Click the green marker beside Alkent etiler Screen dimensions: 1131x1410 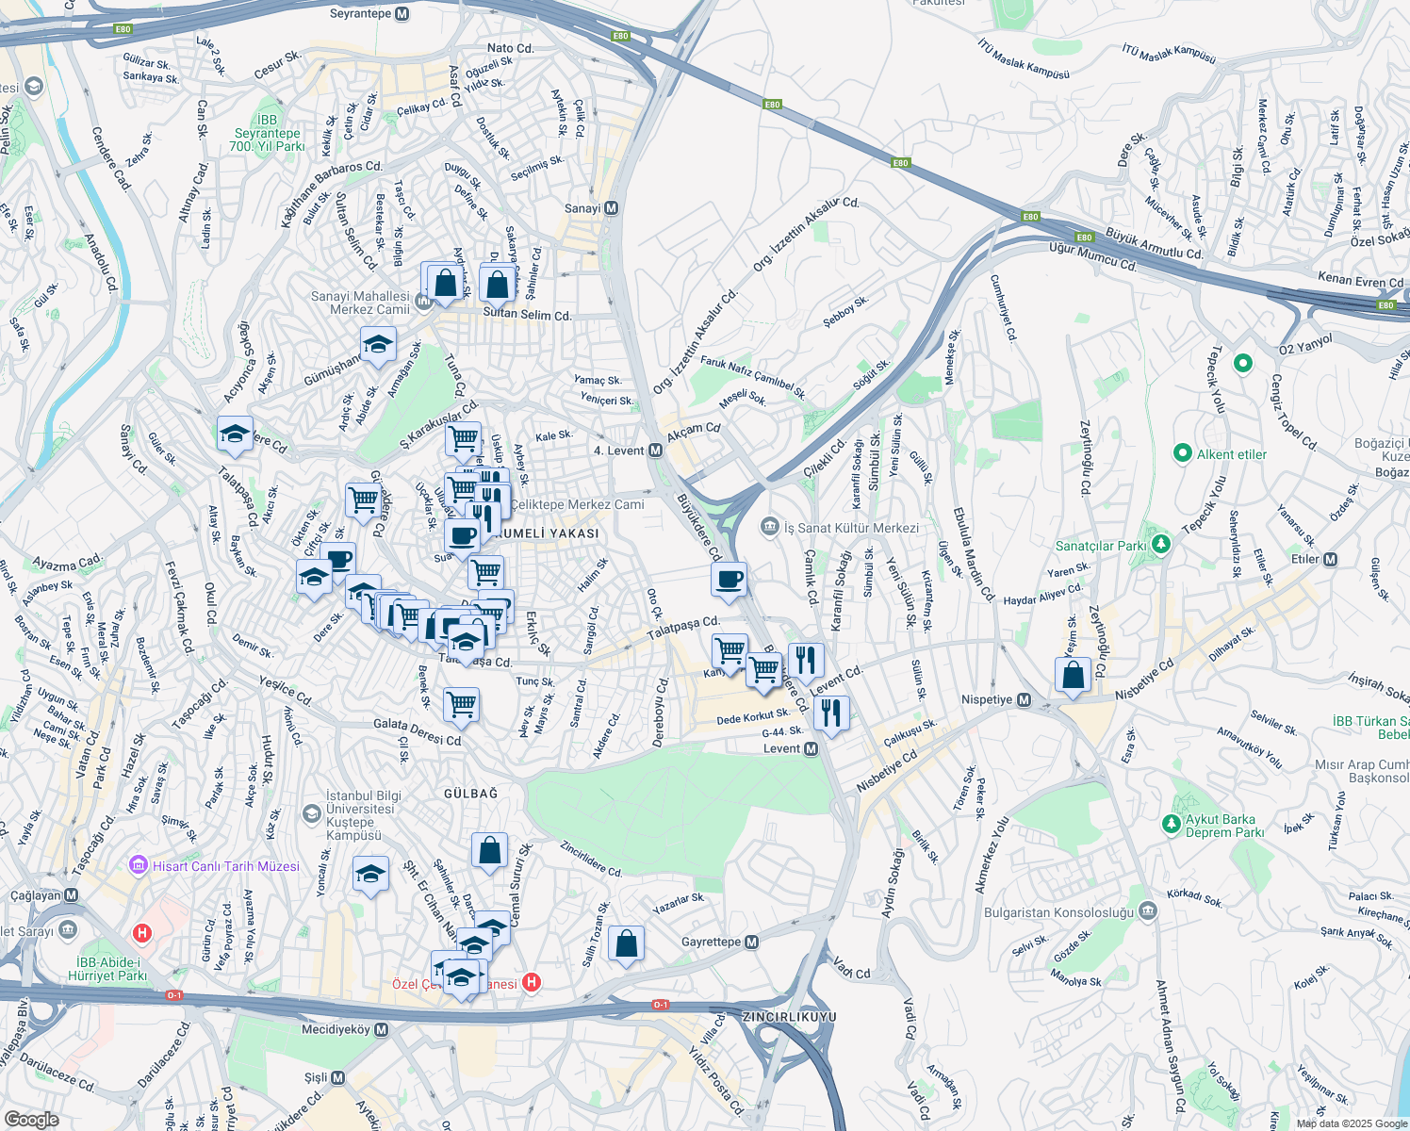1183,454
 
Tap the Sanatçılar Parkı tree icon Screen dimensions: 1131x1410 1161,544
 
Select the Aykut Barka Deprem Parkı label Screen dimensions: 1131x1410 1223,826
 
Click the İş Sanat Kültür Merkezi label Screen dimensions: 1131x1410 851,528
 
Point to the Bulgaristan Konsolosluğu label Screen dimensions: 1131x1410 1059,912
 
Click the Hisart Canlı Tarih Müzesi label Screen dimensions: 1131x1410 226,866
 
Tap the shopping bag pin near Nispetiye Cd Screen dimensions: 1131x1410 1073,676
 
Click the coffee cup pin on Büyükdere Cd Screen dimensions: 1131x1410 729,580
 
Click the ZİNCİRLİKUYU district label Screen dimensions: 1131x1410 789,1018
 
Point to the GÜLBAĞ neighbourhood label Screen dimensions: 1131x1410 470,794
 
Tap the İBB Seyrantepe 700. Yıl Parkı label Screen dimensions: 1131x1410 268,133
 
